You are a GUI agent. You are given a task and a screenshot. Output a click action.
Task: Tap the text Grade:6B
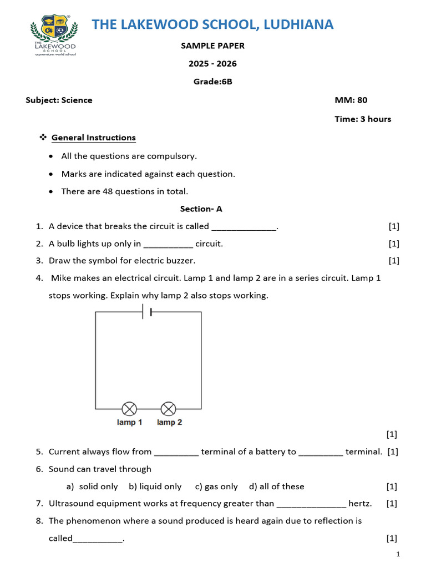(212, 82)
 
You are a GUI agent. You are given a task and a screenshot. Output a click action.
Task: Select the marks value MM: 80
(351, 100)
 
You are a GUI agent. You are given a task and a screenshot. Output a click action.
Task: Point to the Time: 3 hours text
(363, 119)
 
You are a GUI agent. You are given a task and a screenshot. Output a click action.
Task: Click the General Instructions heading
(93, 138)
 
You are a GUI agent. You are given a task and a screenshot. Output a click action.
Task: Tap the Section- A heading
(201, 209)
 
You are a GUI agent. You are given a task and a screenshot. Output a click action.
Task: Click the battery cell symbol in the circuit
(148, 312)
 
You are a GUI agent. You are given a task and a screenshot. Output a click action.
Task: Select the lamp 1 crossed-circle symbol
(129, 409)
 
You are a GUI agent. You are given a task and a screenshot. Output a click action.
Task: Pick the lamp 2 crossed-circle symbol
(168, 409)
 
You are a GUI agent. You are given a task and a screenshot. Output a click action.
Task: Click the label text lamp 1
(130, 423)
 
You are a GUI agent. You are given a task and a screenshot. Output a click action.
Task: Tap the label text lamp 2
(170, 423)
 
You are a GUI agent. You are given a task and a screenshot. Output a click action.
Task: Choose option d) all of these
(276, 486)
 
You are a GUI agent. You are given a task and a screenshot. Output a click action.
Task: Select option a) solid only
(92, 486)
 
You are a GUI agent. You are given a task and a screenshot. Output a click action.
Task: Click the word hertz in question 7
(360, 504)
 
